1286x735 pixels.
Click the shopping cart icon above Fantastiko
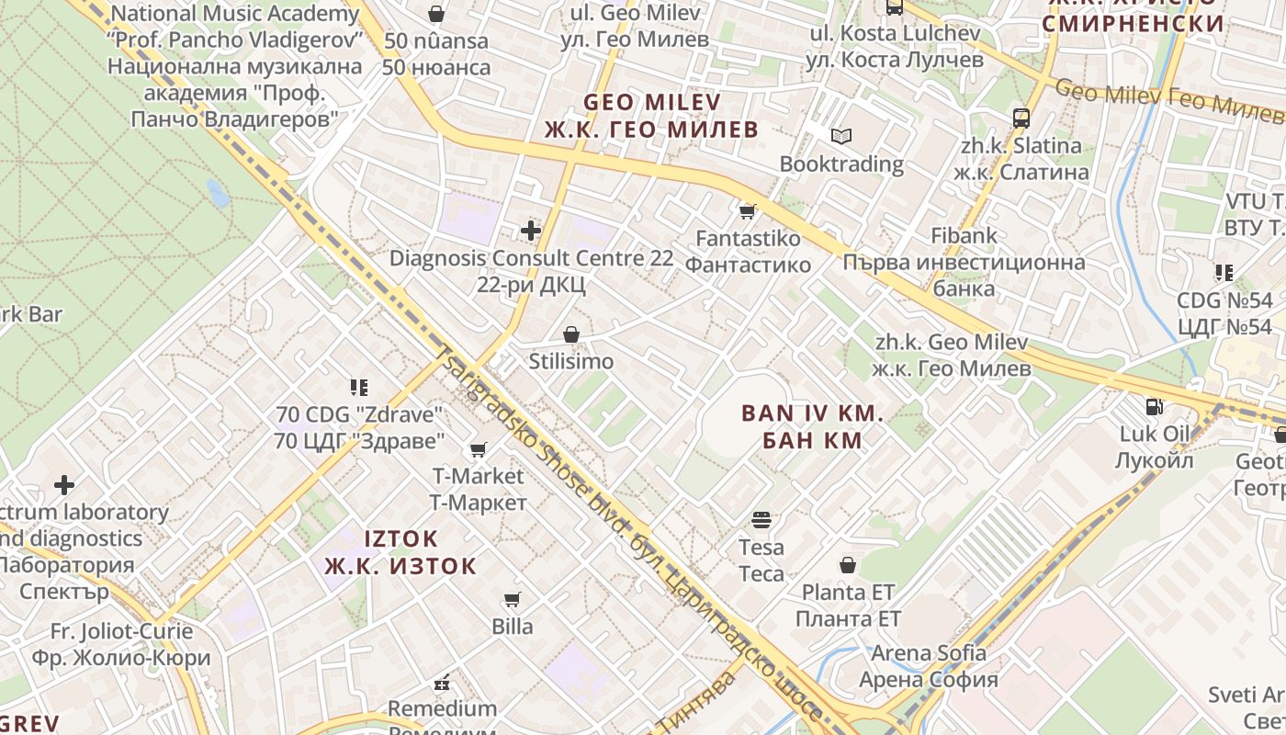tap(748, 211)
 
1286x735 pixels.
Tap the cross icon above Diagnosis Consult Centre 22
tap(531, 231)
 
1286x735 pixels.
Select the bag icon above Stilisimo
tap(571, 334)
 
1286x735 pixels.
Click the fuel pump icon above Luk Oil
tap(1154, 406)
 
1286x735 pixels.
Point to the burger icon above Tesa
tap(761, 520)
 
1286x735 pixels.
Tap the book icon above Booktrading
tap(841, 137)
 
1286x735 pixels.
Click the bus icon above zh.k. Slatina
tap(1021, 118)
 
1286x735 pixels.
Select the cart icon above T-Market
tap(478, 449)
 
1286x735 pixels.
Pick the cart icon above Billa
tap(513, 600)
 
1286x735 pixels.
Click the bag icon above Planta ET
tap(848, 565)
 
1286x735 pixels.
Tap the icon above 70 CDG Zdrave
tap(358, 388)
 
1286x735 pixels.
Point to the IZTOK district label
tap(400, 551)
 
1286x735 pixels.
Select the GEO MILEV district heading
tap(652, 115)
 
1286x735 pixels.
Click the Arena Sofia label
tap(929, 666)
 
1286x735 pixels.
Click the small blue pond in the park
tap(218, 193)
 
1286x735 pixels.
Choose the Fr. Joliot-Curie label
tap(121, 644)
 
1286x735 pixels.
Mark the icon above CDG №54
tap(1224, 273)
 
